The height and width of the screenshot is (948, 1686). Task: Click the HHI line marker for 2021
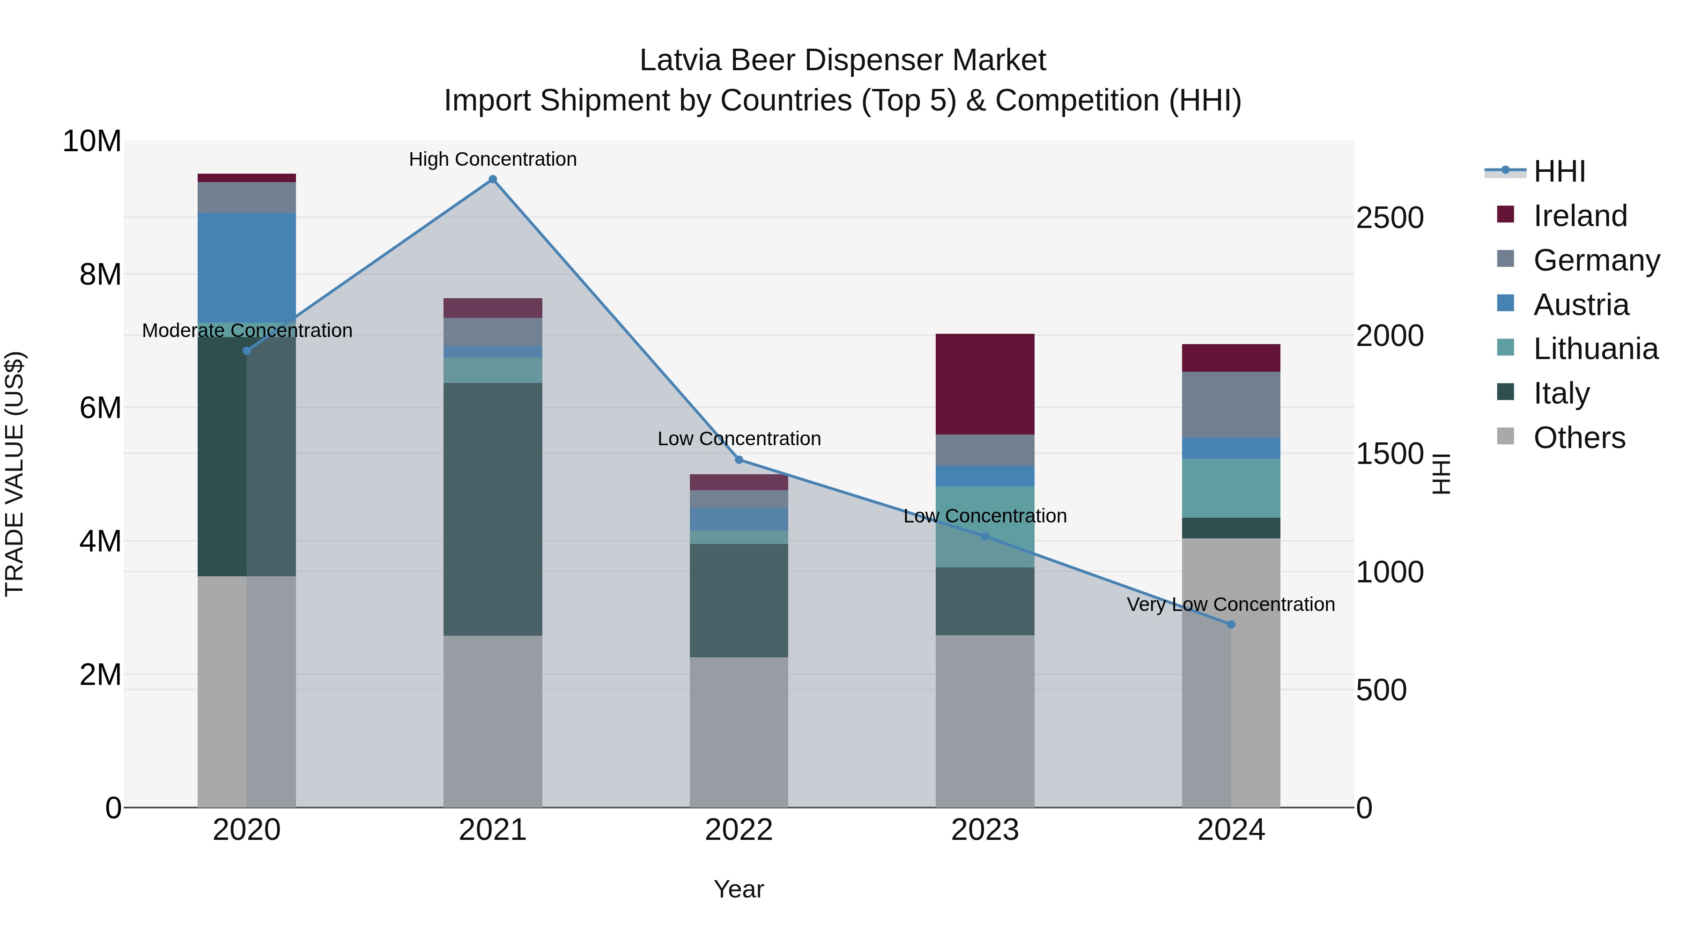[493, 179]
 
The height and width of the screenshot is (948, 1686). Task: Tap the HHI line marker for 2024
[1231, 624]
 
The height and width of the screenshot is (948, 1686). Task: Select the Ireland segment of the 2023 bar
[985, 384]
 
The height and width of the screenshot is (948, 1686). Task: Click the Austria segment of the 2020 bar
[247, 268]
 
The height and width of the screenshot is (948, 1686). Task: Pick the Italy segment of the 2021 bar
[493, 509]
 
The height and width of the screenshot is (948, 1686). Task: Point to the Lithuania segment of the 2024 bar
[1231, 488]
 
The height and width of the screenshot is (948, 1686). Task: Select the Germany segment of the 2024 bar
[1231, 404]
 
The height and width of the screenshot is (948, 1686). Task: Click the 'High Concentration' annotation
[493, 159]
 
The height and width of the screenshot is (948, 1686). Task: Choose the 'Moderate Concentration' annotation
[247, 331]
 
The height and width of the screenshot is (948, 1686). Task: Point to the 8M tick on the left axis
[100, 274]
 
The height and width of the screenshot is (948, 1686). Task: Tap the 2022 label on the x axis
[739, 830]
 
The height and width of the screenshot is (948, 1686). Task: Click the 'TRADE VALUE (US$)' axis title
[15, 474]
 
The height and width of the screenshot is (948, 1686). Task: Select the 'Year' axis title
[739, 889]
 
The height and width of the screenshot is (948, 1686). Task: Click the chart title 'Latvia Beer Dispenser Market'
[843, 60]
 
